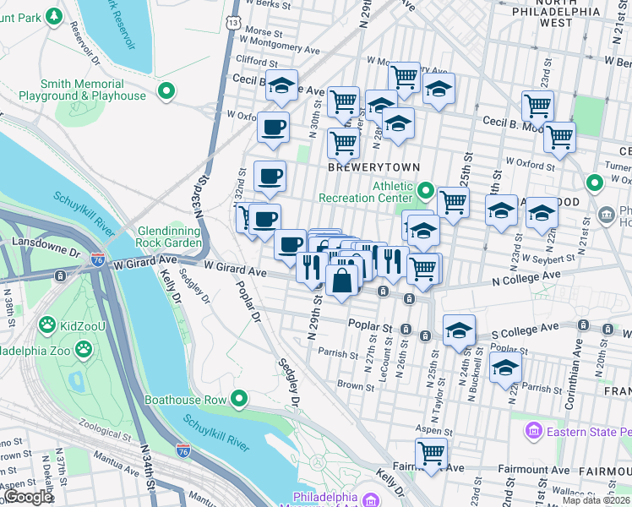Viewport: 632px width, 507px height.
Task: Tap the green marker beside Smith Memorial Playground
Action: point(167,90)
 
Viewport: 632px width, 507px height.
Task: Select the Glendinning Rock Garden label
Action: point(160,237)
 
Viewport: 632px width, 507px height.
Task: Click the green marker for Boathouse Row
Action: point(240,398)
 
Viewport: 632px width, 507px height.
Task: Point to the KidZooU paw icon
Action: point(48,324)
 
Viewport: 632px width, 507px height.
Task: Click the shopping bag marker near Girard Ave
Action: point(342,281)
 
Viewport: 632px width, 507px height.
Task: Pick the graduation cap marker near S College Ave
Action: point(459,329)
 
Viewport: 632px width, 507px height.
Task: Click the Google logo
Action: point(28,497)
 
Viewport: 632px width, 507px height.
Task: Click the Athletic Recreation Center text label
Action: point(366,192)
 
